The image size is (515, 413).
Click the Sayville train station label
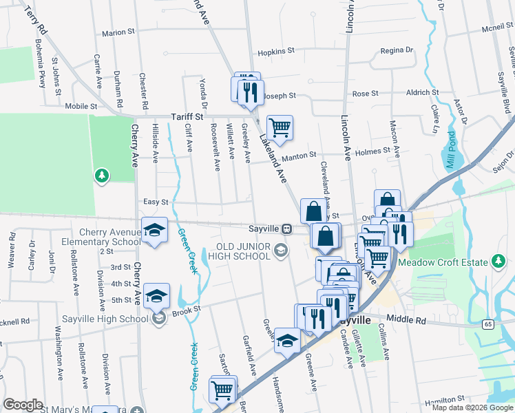pos(264,229)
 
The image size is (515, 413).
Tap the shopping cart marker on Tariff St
pos(280,127)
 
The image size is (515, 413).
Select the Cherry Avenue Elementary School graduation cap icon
pos(155,230)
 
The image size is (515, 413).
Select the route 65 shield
pos(488,323)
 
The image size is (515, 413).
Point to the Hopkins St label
pos(276,51)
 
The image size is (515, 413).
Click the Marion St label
pos(118,32)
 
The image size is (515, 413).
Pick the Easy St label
pos(156,202)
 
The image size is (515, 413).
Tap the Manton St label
pos(297,156)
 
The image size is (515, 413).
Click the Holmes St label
pos(372,149)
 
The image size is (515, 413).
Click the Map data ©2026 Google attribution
pos(472,407)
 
